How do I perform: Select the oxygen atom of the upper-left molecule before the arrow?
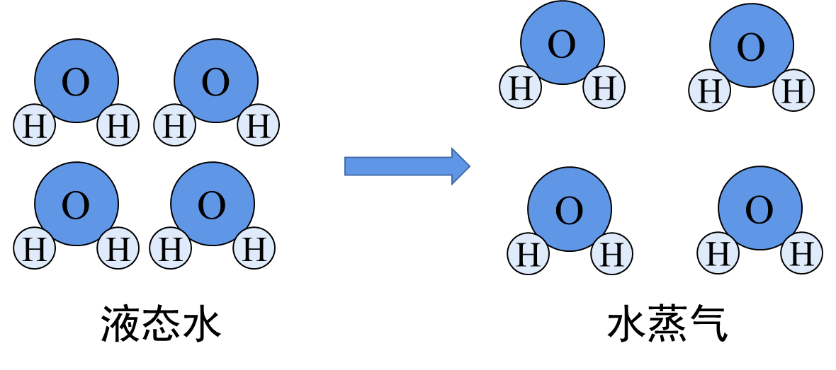[77, 80]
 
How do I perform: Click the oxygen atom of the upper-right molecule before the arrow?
[216, 80]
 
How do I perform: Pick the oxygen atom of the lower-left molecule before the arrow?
[77, 204]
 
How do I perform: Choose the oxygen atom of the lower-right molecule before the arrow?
[213, 204]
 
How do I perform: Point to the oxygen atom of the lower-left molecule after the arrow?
[570, 209]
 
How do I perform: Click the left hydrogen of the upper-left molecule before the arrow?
[35, 125]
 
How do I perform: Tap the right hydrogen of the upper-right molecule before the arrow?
[259, 125]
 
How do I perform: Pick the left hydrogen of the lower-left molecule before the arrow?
[35, 248]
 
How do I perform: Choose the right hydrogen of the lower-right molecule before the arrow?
[254, 248]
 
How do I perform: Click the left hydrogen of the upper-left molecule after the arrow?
[521, 87]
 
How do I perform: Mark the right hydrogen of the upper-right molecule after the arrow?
[793, 90]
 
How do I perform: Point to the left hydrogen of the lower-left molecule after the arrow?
[529, 253]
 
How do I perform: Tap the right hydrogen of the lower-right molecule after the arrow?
[802, 253]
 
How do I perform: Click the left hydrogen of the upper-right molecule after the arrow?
[710, 91]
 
